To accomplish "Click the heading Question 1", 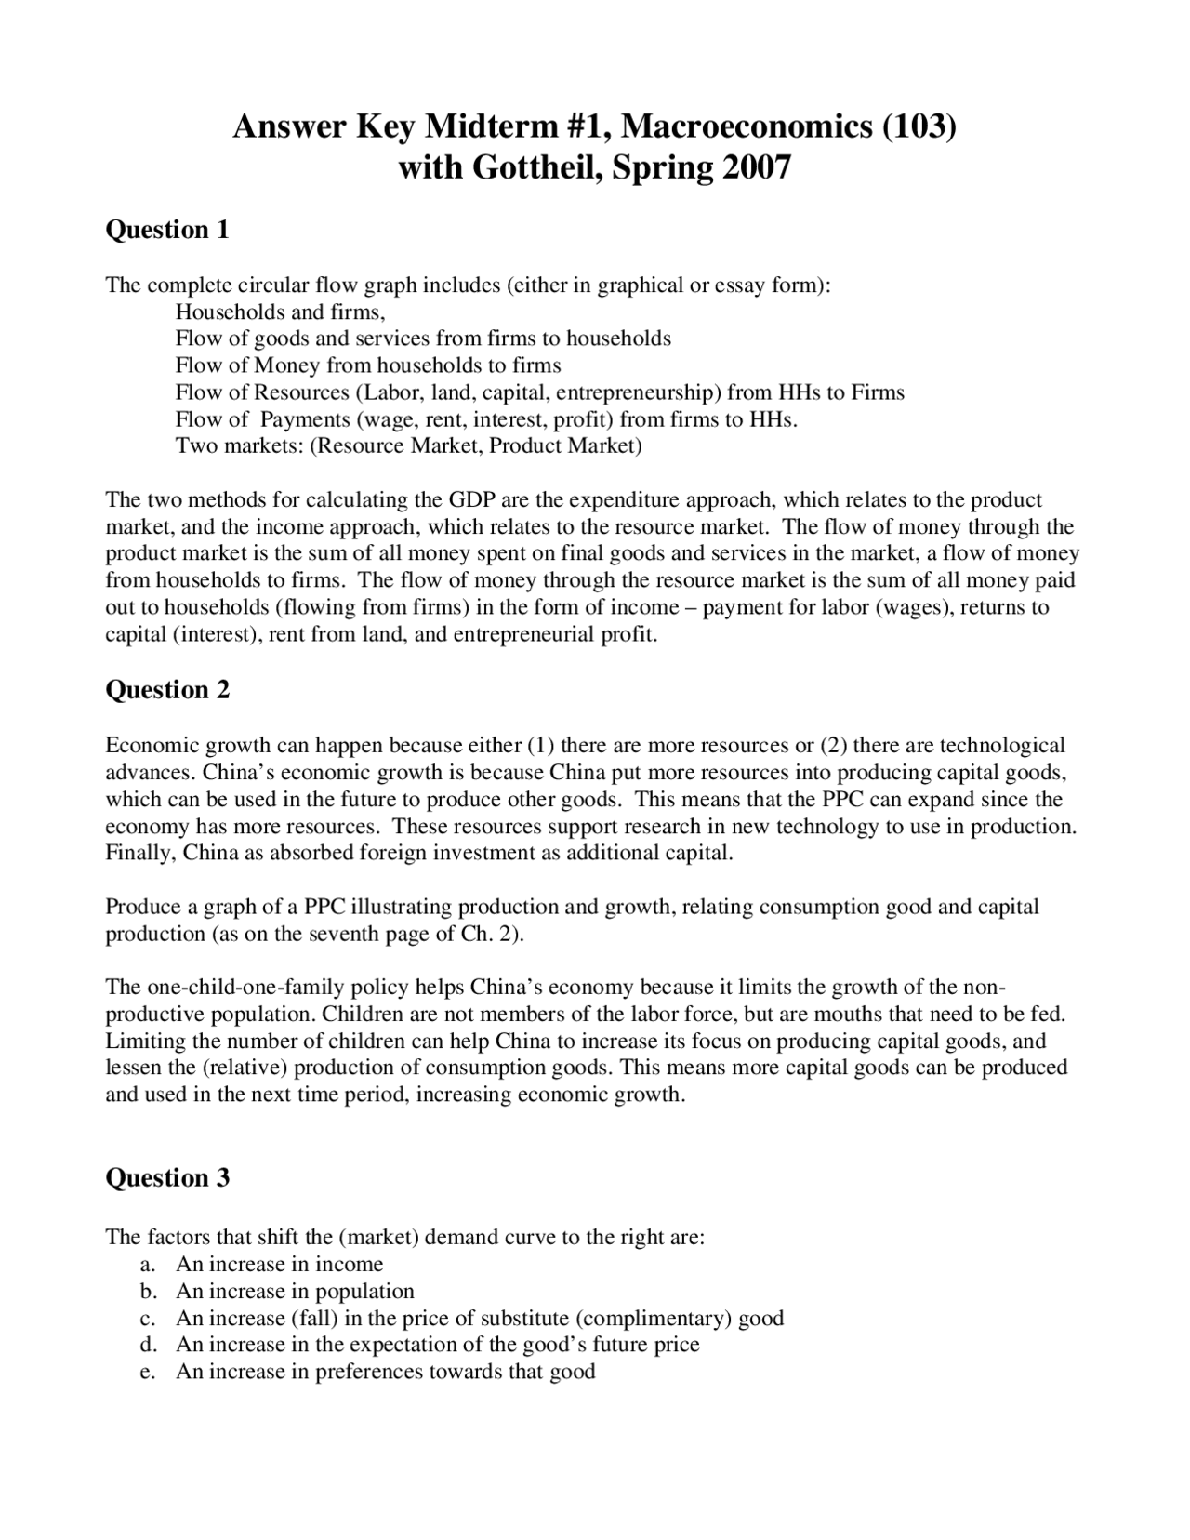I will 167,229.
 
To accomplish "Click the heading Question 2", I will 167,689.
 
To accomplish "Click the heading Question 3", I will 167,1177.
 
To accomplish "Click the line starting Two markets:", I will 408,445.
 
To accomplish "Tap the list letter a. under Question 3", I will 146,1264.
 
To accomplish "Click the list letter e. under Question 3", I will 146,1372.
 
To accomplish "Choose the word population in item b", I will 364,1292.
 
